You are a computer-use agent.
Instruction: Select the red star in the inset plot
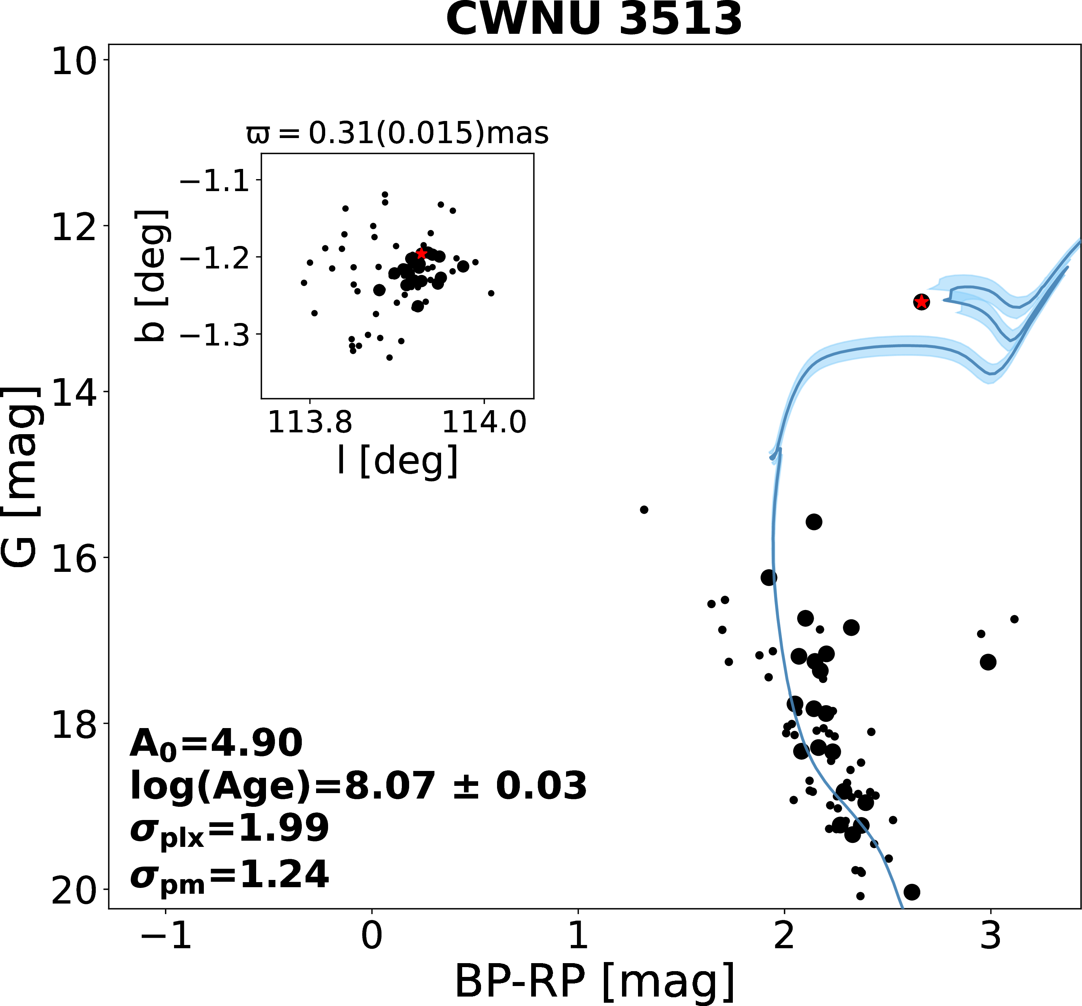click(421, 254)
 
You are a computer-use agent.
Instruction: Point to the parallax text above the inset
click(397, 133)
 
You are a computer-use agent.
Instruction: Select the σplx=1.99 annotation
click(229, 829)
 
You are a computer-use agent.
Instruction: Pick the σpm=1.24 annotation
click(229, 875)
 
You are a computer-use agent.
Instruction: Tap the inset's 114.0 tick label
click(484, 423)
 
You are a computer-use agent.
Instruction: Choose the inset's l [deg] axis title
click(397, 461)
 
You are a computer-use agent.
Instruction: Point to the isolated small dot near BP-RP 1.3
click(644, 509)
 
